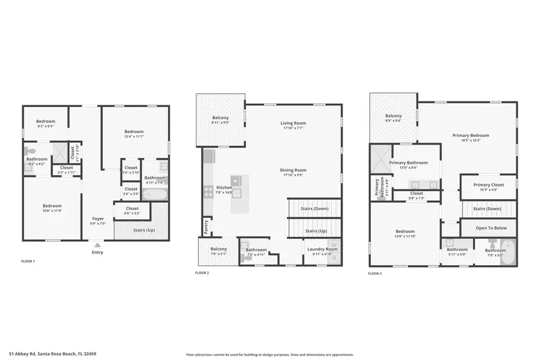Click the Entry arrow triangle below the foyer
pos(97,245)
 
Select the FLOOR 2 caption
pos(202,273)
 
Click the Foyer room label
pos(97,219)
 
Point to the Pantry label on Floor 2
pos(206,227)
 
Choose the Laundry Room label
pos(322,249)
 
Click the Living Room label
pos(293,123)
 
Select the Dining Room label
pos(293,170)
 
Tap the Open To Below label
pos(491,228)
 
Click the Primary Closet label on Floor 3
pos(488,185)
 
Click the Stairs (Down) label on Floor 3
pos(487,209)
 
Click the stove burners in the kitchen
pos(208,192)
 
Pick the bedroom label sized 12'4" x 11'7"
pos(134,132)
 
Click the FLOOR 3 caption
pos(374,273)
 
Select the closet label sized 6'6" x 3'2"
pos(132,209)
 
